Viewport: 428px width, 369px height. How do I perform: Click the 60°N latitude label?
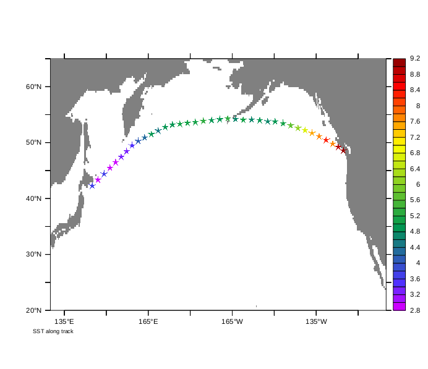coord(33,87)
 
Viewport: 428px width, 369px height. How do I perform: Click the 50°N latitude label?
coord(33,143)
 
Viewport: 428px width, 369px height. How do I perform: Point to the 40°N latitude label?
coord(33,198)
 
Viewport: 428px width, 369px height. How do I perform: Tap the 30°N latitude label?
coord(33,255)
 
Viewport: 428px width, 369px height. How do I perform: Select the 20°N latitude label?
coord(33,310)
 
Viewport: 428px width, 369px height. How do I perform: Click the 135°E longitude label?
coord(64,321)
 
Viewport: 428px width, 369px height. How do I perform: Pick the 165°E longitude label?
coord(148,321)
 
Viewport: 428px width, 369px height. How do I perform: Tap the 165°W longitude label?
coord(232,321)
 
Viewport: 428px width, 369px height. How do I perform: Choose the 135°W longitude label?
coord(315,321)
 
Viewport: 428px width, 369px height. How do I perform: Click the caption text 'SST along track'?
coord(53,331)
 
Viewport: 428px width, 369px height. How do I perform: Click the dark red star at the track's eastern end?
coord(343,151)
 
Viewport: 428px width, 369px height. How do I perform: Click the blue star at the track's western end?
coord(92,185)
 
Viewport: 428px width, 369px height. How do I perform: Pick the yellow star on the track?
coord(305,130)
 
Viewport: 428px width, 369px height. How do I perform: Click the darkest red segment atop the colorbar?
coord(399,62)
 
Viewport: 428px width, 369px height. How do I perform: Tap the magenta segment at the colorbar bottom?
coord(399,307)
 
